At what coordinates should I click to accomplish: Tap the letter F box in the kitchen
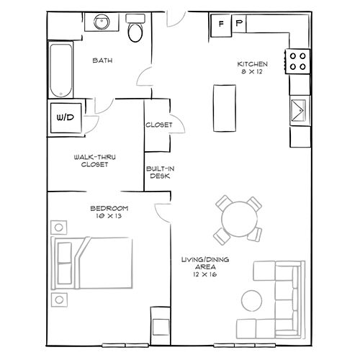click(220, 24)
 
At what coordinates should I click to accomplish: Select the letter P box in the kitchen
click(238, 24)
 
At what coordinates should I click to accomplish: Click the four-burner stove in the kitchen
click(298, 60)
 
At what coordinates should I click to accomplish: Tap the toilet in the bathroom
click(135, 30)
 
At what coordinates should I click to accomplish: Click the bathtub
click(59, 70)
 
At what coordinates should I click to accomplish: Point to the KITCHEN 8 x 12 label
click(253, 68)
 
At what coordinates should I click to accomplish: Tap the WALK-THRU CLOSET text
click(91, 160)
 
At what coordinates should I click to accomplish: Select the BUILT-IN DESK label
click(158, 172)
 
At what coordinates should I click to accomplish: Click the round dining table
click(237, 218)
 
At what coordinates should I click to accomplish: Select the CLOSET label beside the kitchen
click(158, 125)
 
